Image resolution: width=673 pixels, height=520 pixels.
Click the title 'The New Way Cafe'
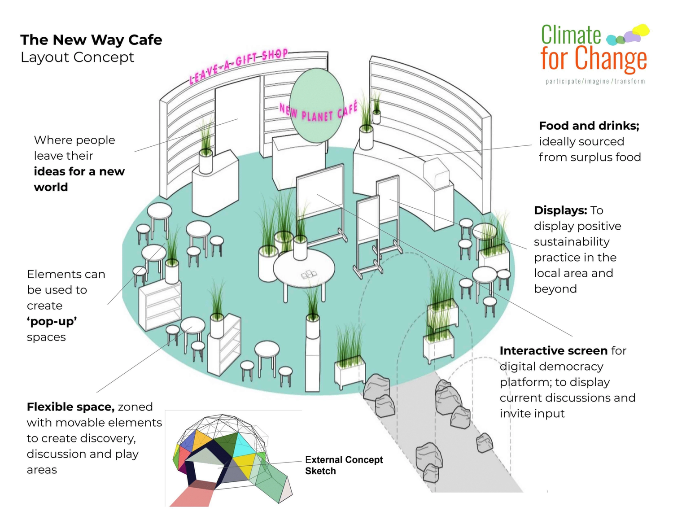(x=91, y=40)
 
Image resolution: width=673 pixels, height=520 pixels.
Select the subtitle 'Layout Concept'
(x=77, y=57)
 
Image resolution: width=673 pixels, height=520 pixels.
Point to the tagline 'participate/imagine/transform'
(x=595, y=82)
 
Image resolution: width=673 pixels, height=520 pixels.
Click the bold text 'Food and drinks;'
(x=589, y=126)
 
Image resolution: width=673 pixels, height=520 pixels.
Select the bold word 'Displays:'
(x=560, y=210)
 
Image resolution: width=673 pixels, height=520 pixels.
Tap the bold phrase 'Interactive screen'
(x=553, y=351)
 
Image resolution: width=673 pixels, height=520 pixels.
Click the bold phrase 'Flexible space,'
(x=70, y=407)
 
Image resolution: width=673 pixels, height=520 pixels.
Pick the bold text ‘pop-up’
(x=52, y=322)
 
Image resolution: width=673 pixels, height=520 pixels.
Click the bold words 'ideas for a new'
(x=79, y=172)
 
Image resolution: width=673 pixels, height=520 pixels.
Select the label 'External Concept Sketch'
(x=343, y=465)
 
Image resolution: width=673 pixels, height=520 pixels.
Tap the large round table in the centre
(x=304, y=269)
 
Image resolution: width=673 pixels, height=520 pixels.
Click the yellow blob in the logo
(x=642, y=31)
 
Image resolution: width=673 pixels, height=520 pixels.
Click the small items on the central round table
(x=309, y=274)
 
